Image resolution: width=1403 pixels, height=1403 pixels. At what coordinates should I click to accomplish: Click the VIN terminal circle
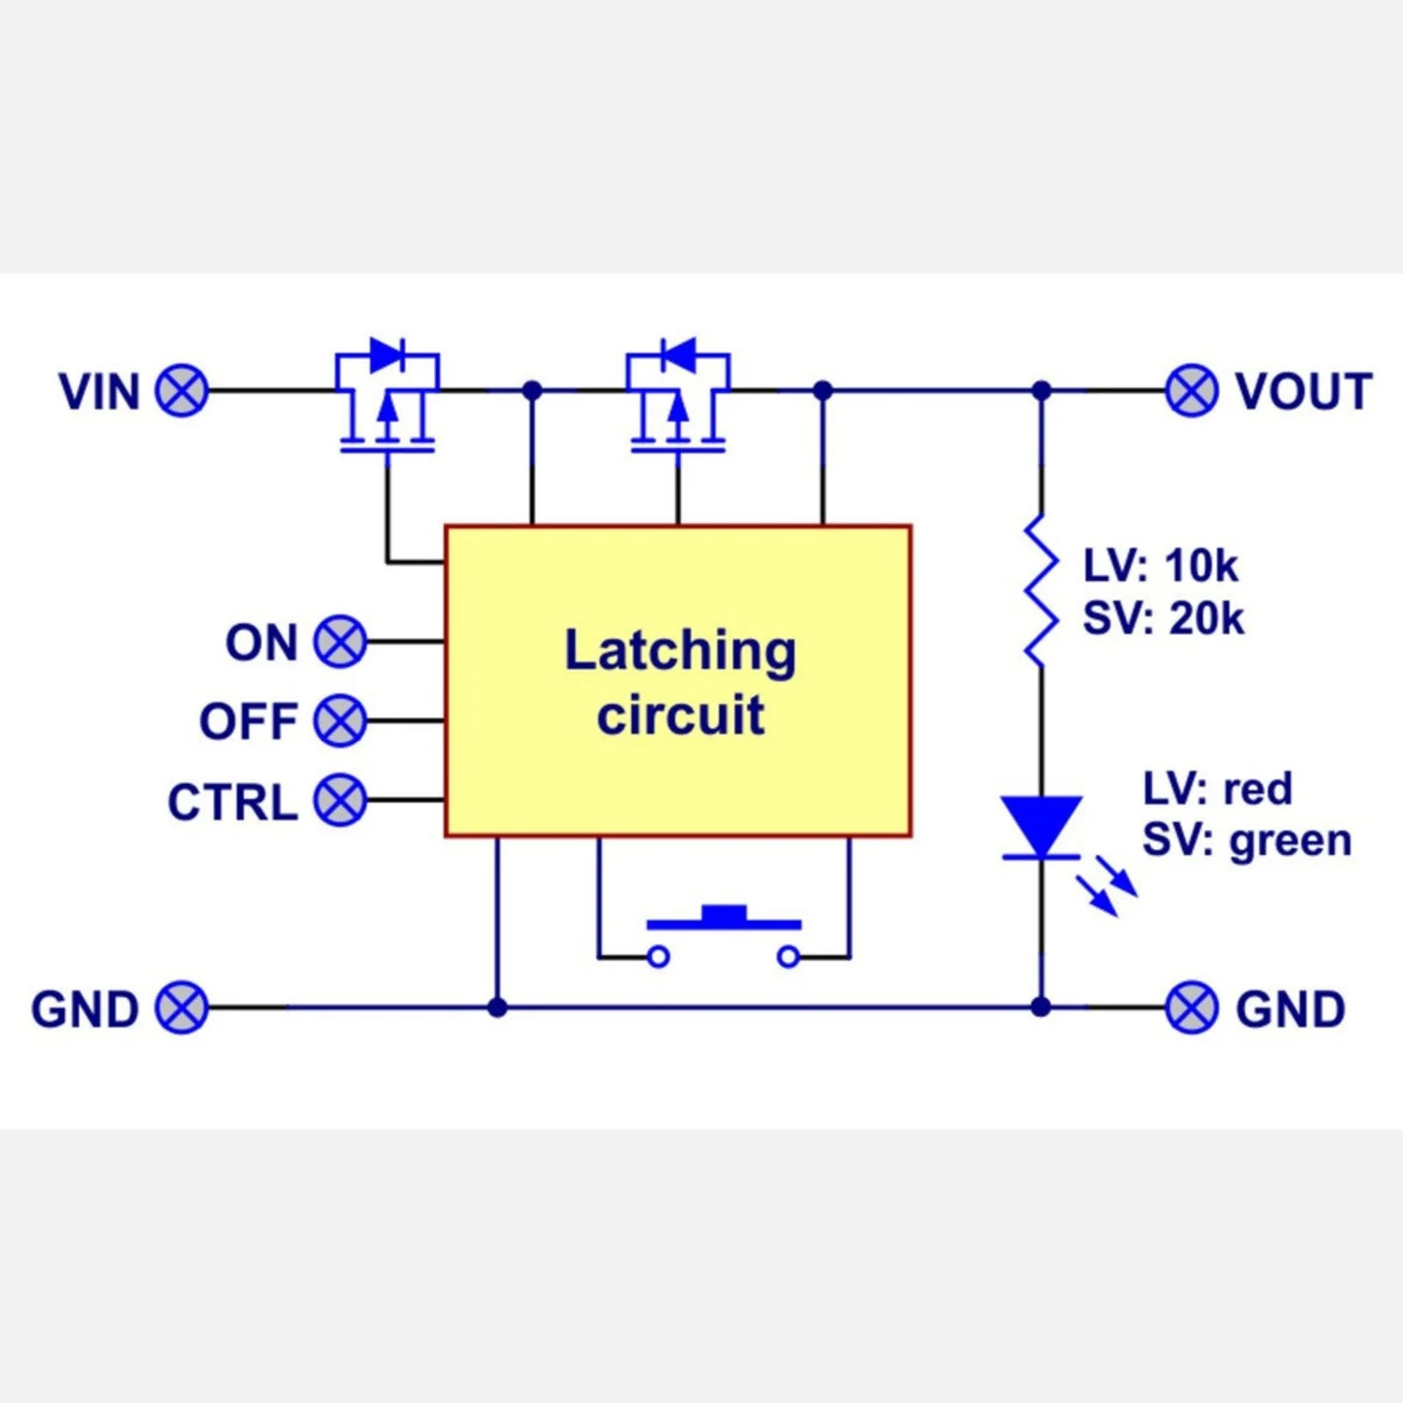181,391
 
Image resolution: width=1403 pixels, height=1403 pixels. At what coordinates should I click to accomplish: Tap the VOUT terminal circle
1192,391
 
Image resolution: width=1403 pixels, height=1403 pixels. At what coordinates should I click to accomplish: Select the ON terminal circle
340,642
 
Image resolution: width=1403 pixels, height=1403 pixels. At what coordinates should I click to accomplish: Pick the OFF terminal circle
340,721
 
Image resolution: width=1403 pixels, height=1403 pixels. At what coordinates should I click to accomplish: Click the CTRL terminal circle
340,801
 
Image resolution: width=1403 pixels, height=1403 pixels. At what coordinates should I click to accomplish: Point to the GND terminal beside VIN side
181,1008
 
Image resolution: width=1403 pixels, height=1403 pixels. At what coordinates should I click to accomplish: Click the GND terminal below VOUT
1192,1008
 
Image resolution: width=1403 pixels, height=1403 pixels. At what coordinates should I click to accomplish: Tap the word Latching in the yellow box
680,651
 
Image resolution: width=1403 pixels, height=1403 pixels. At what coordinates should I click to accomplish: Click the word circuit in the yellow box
680,716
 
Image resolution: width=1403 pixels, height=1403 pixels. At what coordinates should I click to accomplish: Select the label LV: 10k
1160,566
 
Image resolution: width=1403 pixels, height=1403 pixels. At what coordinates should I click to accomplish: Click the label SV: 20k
1163,619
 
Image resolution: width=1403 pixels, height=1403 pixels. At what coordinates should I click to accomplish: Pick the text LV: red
1217,789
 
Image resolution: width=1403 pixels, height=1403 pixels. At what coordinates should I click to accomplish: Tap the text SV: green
1247,841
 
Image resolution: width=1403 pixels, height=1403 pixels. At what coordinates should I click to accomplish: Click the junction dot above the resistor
1041,391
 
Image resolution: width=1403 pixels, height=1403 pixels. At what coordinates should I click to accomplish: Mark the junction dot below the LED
1041,1007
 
